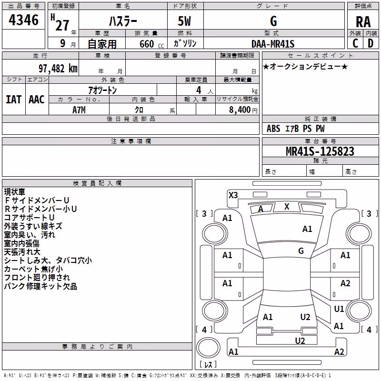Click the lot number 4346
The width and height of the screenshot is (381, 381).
(x=23, y=20)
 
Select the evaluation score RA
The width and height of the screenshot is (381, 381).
(x=363, y=22)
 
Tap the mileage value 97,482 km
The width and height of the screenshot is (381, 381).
(x=58, y=69)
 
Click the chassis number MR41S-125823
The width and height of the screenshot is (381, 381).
(x=320, y=151)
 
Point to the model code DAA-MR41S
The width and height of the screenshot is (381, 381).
(x=273, y=44)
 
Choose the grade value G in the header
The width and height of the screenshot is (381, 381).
(x=273, y=21)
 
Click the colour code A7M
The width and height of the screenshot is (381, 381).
(x=79, y=110)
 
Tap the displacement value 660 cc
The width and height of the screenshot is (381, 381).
(x=151, y=44)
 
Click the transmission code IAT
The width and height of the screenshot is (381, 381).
(x=14, y=100)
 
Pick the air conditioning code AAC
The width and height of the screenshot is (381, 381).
(x=37, y=100)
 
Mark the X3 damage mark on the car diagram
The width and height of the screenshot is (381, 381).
(x=233, y=195)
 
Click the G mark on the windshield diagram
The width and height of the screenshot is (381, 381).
(x=301, y=251)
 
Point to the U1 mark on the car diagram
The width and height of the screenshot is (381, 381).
(x=339, y=309)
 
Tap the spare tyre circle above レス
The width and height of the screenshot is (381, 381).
(x=208, y=348)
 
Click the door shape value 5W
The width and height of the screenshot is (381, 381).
(x=184, y=21)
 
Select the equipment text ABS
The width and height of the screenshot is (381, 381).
(x=273, y=129)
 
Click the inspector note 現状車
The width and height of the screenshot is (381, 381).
(x=15, y=192)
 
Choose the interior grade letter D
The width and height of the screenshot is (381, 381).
(x=371, y=43)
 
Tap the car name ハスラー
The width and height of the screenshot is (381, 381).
(x=123, y=21)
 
